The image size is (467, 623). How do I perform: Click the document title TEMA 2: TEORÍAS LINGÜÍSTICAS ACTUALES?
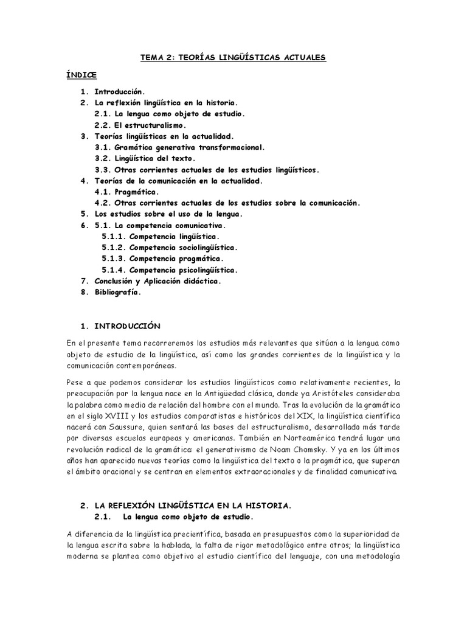233,57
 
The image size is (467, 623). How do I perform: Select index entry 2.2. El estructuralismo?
143,125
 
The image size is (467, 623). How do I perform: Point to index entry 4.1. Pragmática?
127,192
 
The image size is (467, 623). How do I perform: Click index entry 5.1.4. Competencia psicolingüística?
170,270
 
